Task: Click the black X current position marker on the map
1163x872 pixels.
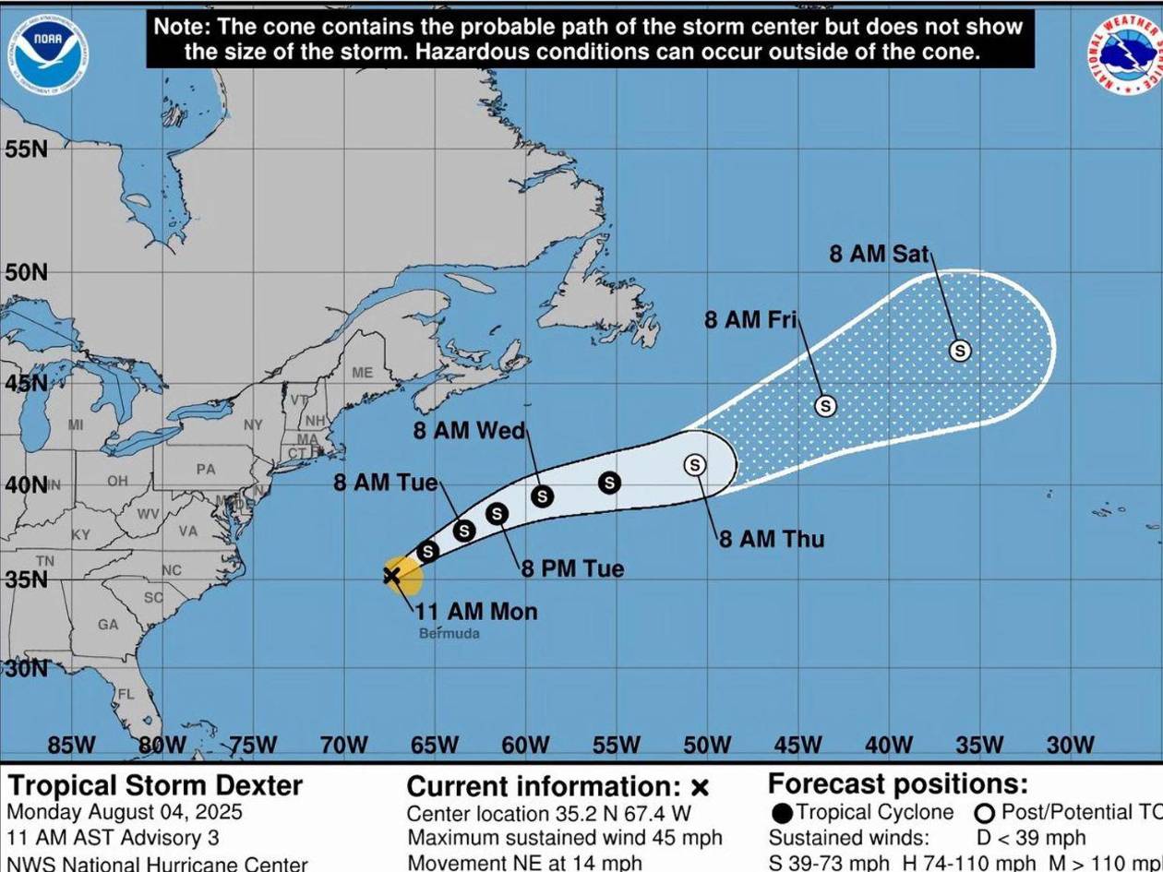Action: click(391, 576)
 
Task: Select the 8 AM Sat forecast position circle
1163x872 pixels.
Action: click(960, 351)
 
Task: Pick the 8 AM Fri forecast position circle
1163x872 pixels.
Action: click(825, 405)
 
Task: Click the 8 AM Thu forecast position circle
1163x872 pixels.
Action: click(695, 465)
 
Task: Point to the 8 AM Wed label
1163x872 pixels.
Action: click(469, 431)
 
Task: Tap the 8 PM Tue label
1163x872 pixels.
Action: click(572, 568)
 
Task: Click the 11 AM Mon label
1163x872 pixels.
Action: click(475, 611)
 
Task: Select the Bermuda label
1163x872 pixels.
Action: click(450, 634)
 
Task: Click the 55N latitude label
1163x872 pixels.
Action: click(26, 149)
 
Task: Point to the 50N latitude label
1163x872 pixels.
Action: click(26, 272)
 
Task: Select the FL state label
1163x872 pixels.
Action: click(126, 694)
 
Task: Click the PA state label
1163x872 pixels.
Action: click(206, 469)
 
